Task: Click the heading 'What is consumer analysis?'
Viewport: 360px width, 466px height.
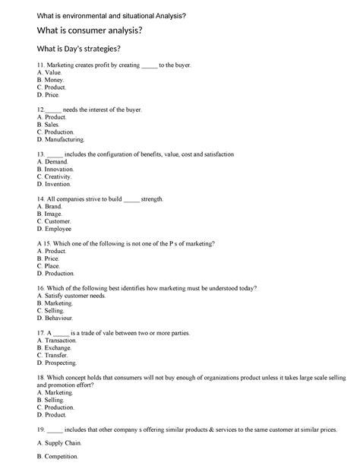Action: pyautogui.click(x=84, y=30)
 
